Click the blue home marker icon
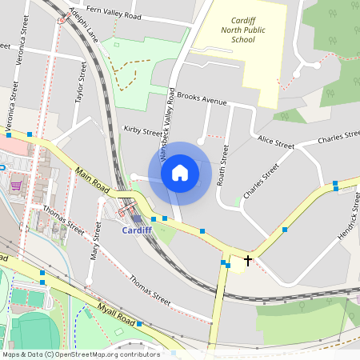(x=180, y=173)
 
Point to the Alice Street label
(x=276, y=142)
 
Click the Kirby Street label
(x=142, y=129)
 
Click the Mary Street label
(x=96, y=243)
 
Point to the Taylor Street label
(x=80, y=84)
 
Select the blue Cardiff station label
(x=136, y=230)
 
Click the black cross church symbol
(x=248, y=261)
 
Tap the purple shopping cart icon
(x=15, y=186)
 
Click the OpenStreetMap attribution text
(x=80, y=354)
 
